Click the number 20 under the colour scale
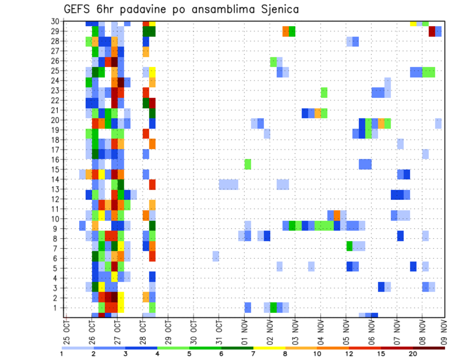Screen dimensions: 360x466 click(413, 354)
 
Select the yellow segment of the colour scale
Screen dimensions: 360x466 click(269, 348)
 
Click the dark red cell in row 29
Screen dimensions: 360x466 click(432, 31)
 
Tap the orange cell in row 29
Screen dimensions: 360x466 click(286, 31)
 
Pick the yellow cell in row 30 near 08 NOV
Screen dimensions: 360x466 click(413, 23)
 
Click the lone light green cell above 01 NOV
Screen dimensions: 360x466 click(248, 164)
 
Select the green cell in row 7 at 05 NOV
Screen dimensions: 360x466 click(349, 246)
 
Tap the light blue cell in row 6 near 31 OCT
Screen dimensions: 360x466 click(216, 256)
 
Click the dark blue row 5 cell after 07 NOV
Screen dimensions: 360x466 click(413, 266)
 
